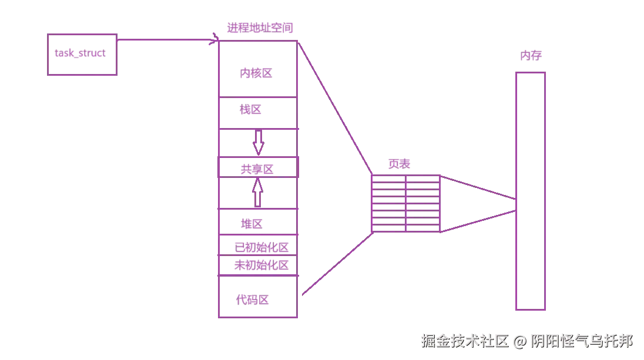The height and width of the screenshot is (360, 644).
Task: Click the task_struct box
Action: (x=82, y=55)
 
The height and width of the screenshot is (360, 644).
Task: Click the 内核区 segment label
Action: (x=259, y=73)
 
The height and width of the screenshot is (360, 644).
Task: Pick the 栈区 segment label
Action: (x=251, y=110)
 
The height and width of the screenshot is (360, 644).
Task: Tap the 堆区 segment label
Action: (x=251, y=223)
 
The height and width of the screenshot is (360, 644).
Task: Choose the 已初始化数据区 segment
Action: (x=261, y=248)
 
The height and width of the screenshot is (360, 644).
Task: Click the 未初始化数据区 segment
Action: (x=261, y=265)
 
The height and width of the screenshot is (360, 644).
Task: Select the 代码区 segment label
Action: (x=254, y=299)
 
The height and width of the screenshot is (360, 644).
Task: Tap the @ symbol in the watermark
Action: (x=519, y=341)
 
